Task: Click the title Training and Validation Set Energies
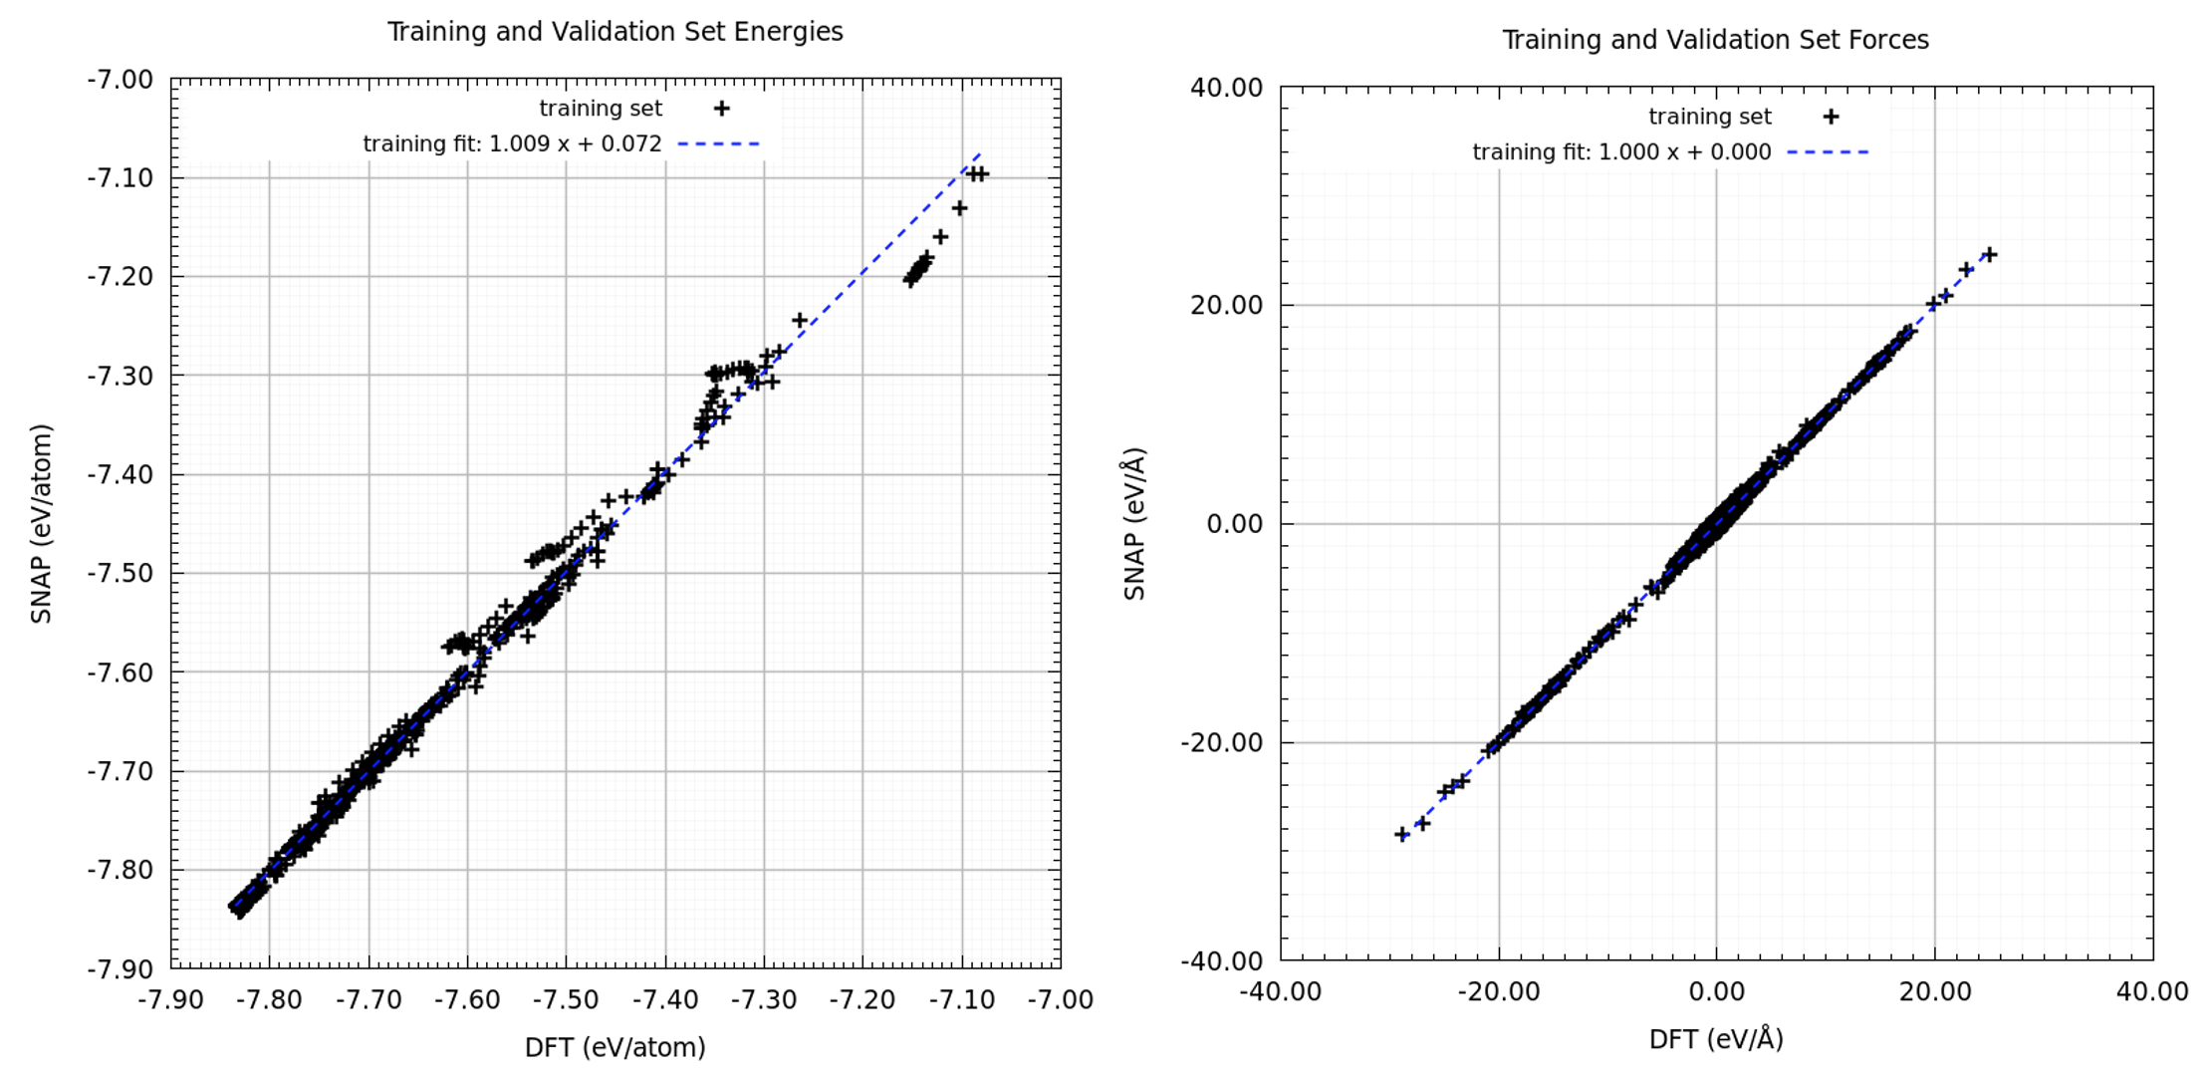click(614, 32)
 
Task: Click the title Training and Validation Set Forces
click(1715, 40)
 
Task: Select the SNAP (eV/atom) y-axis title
click(41, 524)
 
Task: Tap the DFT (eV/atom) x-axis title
click(614, 1047)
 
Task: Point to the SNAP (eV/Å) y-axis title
click(1134, 524)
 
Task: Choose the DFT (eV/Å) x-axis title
click(1715, 1039)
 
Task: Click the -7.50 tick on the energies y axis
click(120, 574)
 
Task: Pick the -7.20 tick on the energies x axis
click(862, 999)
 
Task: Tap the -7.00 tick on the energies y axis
click(120, 80)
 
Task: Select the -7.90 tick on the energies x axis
click(171, 999)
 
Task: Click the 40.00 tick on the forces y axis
click(1226, 88)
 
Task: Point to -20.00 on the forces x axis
click(1498, 992)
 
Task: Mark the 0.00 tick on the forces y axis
click(1234, 524)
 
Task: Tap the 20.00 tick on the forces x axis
click(1934, 992)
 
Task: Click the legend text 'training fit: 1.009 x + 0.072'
click(512, 144)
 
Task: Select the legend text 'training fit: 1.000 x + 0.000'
click(1621, 152)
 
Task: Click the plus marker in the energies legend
click(721, 109)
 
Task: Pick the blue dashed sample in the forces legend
click(1828, 152)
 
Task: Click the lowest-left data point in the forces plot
click(1402, 834)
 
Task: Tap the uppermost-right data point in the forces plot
click(1989, 255)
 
